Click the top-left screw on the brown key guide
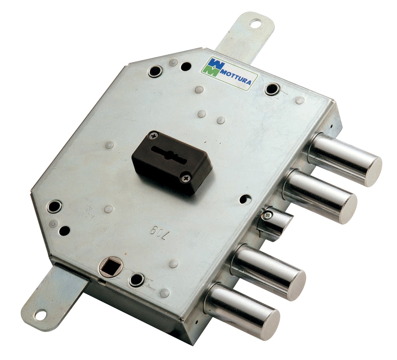click(154, 136)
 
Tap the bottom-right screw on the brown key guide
click(186, 178)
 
